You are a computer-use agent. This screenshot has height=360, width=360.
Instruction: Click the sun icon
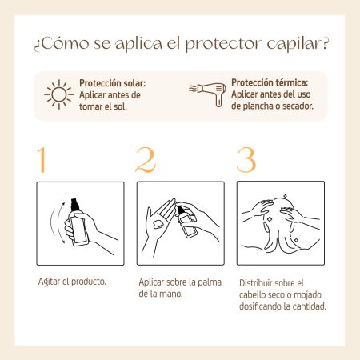[x=59, y=94]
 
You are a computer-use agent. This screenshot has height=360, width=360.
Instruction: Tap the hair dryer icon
[x=207, y=94]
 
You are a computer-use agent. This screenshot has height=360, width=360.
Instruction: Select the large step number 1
[x=42, y=160]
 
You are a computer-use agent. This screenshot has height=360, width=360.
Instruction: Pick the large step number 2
[x=146, y=159]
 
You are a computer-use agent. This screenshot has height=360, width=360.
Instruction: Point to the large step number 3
[x=246, y=159]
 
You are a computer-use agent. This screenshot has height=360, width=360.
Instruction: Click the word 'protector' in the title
[x=223, y=44]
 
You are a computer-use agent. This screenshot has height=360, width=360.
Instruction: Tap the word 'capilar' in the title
[x=294, y=44]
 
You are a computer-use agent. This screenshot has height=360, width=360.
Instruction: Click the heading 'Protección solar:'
[x=113, y=83]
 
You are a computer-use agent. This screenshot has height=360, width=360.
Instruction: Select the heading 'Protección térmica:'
[x=270, y=82]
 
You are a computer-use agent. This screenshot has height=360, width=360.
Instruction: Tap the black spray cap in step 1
[x=75, y=205]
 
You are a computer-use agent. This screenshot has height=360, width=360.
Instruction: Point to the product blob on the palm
[x=158, y=224]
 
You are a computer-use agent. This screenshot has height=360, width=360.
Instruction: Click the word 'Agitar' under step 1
[x=49, y=282]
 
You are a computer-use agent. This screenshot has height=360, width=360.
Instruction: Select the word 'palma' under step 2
[x=210, y=282]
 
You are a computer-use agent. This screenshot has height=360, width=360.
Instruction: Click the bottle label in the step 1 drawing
[x=78, y=230]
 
